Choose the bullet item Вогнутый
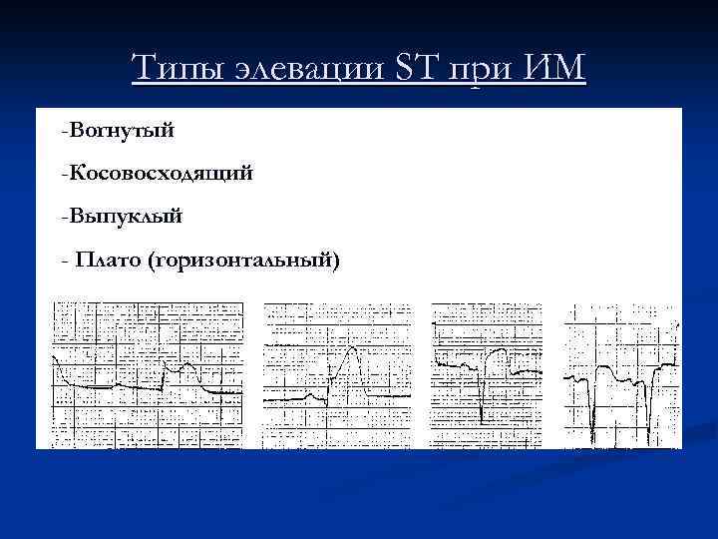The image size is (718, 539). click(121, 129)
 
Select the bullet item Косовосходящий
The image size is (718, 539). click(160, 174)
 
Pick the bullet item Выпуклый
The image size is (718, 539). click(125, 217)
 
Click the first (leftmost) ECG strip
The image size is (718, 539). click(148, 374)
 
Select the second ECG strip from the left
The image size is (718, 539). click(336, 374)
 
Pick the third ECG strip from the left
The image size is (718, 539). click(486, 374)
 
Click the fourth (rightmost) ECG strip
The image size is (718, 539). click(622, 374)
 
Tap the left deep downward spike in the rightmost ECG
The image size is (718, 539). click(591, 419)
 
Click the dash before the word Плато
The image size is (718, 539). click(65, 262)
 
